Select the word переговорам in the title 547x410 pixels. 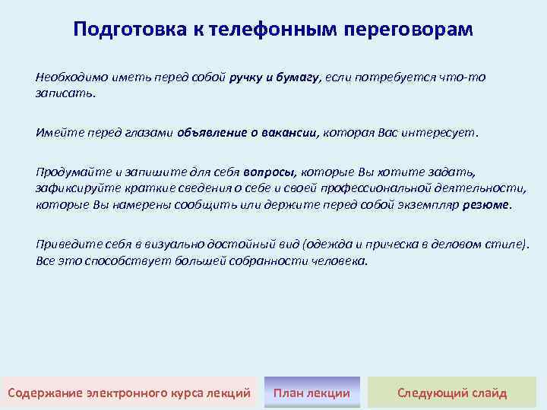coord(408,30)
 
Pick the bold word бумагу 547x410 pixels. coord(299,77)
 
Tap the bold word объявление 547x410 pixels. coord(210,131)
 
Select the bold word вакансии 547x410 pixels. coord(289,131)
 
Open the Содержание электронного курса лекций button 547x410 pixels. coord(128,393)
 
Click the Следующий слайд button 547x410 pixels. coord(452,393)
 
